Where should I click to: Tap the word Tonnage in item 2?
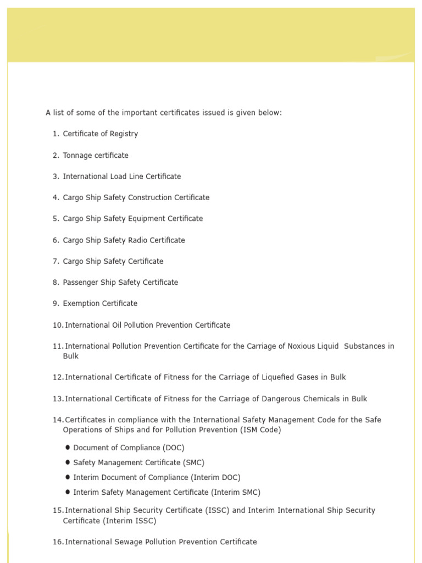[x=77, y=156]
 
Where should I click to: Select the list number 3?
[x=55, y=176]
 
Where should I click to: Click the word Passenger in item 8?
[x=80, y=283]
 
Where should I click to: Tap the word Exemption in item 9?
[x=81, y=303]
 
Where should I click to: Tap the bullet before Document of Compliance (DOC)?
[x=68, y=448]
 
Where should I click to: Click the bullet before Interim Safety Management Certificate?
[x=68, y=492]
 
